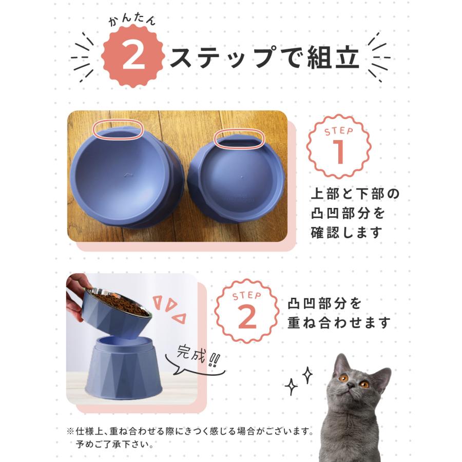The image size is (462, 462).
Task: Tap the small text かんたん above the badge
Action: [132, 21]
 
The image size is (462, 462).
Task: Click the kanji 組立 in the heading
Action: [333, 57]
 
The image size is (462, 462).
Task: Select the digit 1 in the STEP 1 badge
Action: [339, 152]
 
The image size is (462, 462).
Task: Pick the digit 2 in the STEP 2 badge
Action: [247, 317]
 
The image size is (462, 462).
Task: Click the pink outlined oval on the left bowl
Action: [118, 129]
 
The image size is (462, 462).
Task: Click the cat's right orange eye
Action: [364, 384]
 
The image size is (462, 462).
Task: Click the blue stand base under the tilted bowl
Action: [124, 371]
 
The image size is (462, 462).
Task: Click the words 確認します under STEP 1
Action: [346, 233]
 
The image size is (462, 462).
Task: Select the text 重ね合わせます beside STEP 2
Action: [339, 322]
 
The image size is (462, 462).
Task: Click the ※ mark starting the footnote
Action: [70, 432]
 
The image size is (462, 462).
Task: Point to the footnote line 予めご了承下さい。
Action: [114, 444]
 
